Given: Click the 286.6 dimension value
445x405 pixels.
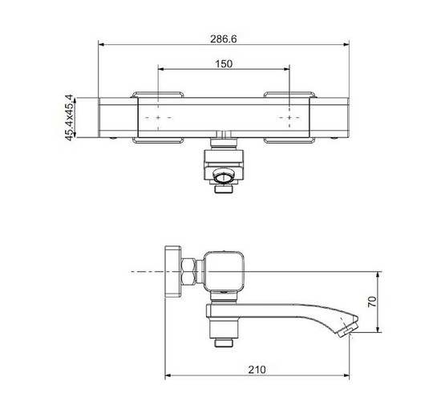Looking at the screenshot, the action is click(x=224, y=38).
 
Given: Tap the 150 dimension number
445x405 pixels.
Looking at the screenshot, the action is click(x=224, y=64).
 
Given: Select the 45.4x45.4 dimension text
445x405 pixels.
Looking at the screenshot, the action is click(x=69, y=118).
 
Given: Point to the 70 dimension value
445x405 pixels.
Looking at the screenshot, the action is click(x=372, y=302).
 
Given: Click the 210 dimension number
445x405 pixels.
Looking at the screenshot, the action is click(x=257, y=370).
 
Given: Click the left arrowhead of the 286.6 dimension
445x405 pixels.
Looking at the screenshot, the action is click(x=102, y=45).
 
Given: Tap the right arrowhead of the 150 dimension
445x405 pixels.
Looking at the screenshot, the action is click(x=286, y=69).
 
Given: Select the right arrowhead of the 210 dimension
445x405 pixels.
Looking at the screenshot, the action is click(x=346, y=375).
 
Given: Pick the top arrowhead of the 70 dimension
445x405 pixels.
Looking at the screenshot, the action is click(x=378, y=275).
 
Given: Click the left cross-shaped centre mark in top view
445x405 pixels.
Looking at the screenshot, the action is click(x=158, y=118).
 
